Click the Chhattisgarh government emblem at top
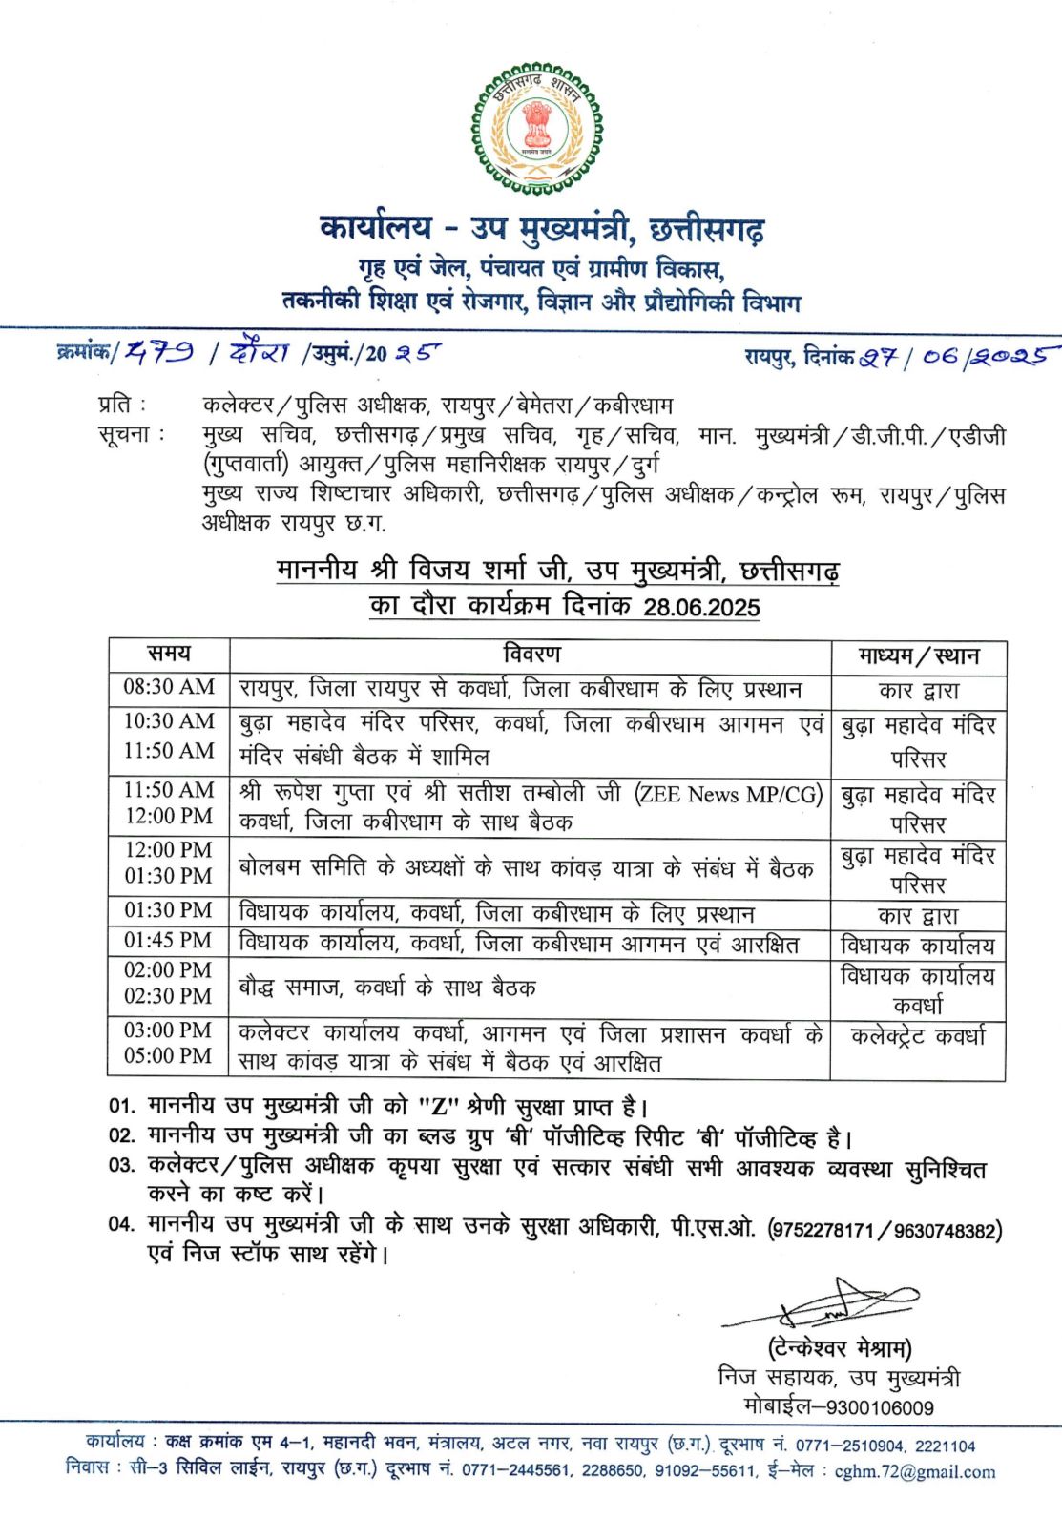pyautogui.click(x=536, y=129)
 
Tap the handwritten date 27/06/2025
pyautogui.click(x=954, y=357)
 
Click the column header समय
pyautogui.click(x=169, y=655)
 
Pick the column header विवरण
pyautogui.click(x=531, y=655)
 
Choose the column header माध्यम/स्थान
pyautogui.click(x=918, y=656)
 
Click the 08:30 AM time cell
pyautogui.click(x=169, y=687)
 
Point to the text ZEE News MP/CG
pyautogui.click(x=728, y=794)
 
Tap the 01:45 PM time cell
pyautogui.click(x=169, y=941)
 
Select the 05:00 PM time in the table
pyautogui.click(x=169, y=1056)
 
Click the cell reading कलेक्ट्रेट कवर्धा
pyautogui.click(x=918, y=1036)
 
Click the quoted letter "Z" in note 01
pyautogui.click(x=439, y=1107)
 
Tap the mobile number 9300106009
pyautogui.click(x=880, y=1407)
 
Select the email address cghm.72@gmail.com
pyautogui.click(x=914, y=1472)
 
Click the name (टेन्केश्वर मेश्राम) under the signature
pyautogui.click(x=840, y=1349)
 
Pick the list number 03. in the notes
pyautogui.click(x=122, y=1166)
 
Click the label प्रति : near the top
pyautogui.click(x=122, y=405)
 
